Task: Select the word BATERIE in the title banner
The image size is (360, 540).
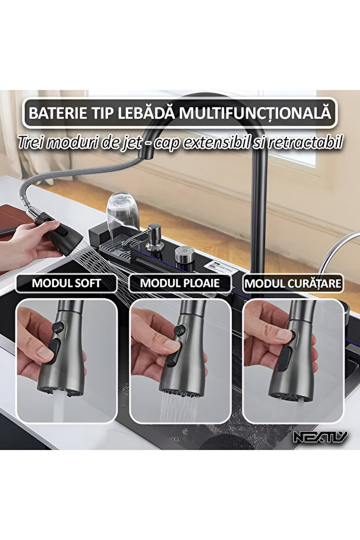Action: [x=55, y=112]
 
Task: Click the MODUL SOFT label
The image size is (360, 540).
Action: [x=66, y=284]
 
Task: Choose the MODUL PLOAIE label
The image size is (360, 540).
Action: [x=180, y=284]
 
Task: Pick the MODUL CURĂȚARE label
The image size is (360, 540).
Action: [x=293, y=284]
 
